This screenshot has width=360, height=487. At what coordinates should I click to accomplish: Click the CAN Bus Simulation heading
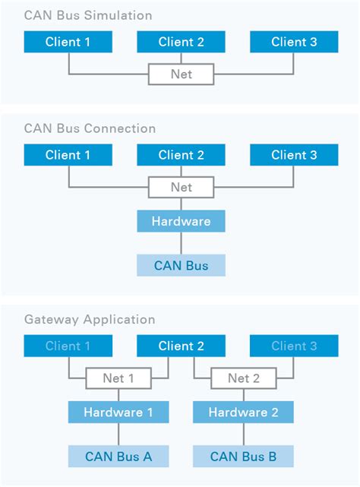[x=88, y=15]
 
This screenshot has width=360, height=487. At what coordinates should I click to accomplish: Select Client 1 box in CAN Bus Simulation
[x=68, y=42]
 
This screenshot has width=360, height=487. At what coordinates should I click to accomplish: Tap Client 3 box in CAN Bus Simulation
[x=294, y=42]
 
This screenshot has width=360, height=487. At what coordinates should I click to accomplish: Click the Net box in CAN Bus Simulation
[x=181, y=74]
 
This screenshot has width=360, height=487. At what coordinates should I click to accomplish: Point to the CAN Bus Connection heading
[x=90, y=128]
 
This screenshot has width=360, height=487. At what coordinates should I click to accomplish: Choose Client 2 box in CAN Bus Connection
[x=181, y=155]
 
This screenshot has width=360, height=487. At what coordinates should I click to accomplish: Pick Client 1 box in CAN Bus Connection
[x=68, y=155]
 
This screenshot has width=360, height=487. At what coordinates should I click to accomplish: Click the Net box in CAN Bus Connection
[x=181, y=187]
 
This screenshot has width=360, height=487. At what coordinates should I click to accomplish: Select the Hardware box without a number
[x=181, y=221]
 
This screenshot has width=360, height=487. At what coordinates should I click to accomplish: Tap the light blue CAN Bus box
[x=181, y=265]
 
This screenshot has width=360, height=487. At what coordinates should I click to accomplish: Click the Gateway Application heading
[x=89, y=320]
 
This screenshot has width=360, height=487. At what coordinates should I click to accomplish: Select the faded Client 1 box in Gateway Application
[x=68, y=346]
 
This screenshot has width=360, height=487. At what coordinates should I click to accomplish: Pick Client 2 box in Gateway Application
[x=181, y=346]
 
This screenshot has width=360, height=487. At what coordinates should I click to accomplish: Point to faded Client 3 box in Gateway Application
[x=294, y=346]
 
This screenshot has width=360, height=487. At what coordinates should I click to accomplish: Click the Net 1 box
[x=118, y=378]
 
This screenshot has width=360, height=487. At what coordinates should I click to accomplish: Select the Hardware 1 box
[x=118, y=413]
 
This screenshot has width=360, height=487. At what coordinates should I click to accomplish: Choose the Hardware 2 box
[x=243, y=413]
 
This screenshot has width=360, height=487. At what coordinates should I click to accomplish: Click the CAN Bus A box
[x=118, y=457]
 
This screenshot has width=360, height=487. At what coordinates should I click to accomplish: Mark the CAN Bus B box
[x=243, y=457]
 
